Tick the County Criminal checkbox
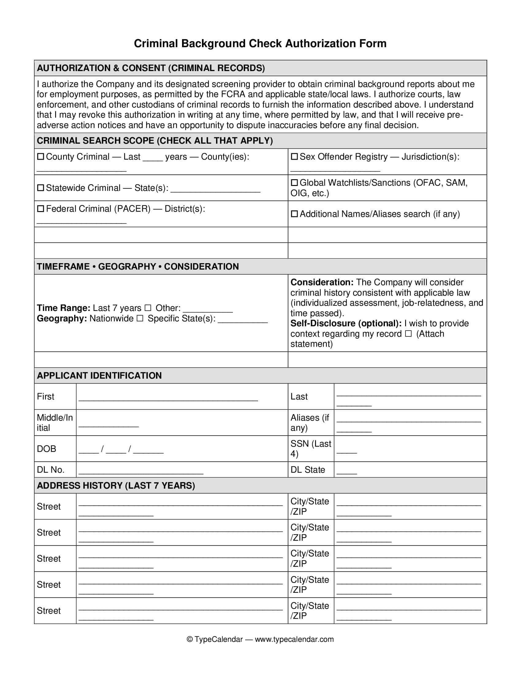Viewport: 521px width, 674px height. pos(40,157)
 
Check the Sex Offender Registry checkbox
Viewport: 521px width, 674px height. pos(295,157)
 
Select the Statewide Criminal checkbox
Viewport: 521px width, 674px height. pos(40,188)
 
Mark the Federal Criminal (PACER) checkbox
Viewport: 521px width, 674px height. pos(40,209)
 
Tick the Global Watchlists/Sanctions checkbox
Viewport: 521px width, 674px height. pos(295,183)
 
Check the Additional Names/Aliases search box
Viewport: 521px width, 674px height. pos(295,214)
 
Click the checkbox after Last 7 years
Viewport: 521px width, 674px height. pos(148,308)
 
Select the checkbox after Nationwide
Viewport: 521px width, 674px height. pos(140,319)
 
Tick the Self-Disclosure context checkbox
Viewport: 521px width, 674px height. pos(408,334)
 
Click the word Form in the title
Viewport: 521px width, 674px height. pos(373,44)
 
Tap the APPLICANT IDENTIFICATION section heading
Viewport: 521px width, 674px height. pos(99,376)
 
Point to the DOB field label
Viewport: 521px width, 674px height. pos(46,449)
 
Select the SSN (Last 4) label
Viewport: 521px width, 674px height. pos(310,449)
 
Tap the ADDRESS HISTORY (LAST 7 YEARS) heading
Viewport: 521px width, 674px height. pos(116,486)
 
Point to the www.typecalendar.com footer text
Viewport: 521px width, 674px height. pos(294,639)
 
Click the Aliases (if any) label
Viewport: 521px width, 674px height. pos(310,422)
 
